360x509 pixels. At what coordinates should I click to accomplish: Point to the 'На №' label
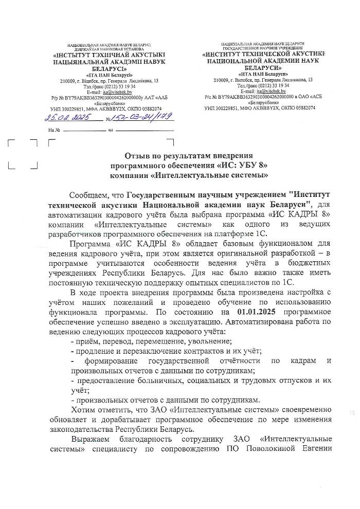coord(54,130)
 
